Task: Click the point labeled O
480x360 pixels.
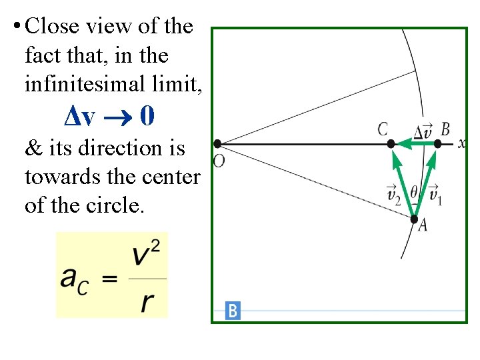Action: [x=217, y=143]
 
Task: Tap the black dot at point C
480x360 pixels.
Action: [x=391, y=143]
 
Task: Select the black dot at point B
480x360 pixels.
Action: [x=437, y=143]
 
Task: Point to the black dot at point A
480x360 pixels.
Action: [x=414, y=219]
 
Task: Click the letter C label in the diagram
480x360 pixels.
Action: [x=383, y=129]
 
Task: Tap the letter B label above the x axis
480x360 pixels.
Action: [x=445, y=129]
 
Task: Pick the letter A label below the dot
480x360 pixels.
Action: [x=422, y=226]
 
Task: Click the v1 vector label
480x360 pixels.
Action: [x=435, y=194]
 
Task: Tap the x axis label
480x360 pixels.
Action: [x=461, y=143]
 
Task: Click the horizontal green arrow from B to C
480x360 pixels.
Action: [x=415, y=143]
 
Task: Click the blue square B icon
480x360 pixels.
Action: [x=233, y=311]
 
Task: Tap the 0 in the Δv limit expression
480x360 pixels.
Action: [x=147, y=117]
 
